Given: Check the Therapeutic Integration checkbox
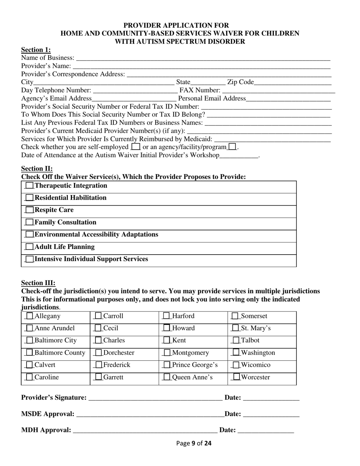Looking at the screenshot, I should (x=29, y=186).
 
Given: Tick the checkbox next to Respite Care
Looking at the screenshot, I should (x=29, y=210).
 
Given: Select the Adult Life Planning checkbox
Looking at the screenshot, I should (x=29, y=247).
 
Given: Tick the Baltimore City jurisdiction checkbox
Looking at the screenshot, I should (x=29, y=341).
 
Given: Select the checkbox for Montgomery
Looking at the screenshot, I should (x=167, y=353).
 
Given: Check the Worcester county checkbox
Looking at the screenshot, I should (x=236, y=377).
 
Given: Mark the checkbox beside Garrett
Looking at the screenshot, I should (x=98, y=377).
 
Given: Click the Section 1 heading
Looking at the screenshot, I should (x=36, y=50).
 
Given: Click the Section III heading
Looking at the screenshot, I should (x=38, y=283).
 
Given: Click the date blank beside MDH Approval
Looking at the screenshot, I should (x=266, y=431).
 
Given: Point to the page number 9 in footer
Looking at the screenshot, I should (x=193, y=443).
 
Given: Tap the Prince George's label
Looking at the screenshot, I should (x=195, y=365).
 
